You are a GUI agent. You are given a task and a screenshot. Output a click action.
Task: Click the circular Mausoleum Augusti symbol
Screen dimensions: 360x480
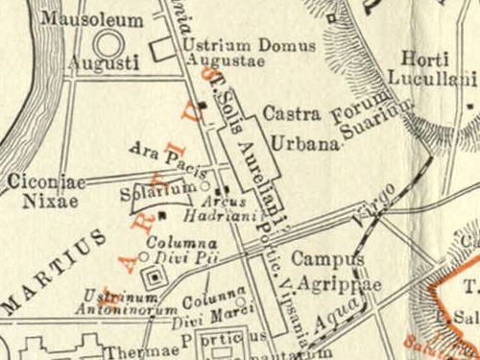point(108,42)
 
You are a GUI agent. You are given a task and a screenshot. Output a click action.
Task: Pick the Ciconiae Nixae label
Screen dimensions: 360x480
point(45,189)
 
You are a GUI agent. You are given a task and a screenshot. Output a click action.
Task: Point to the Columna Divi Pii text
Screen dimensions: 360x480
point(186,252)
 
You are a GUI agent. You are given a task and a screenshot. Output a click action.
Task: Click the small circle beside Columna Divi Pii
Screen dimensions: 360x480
point(144,256)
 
